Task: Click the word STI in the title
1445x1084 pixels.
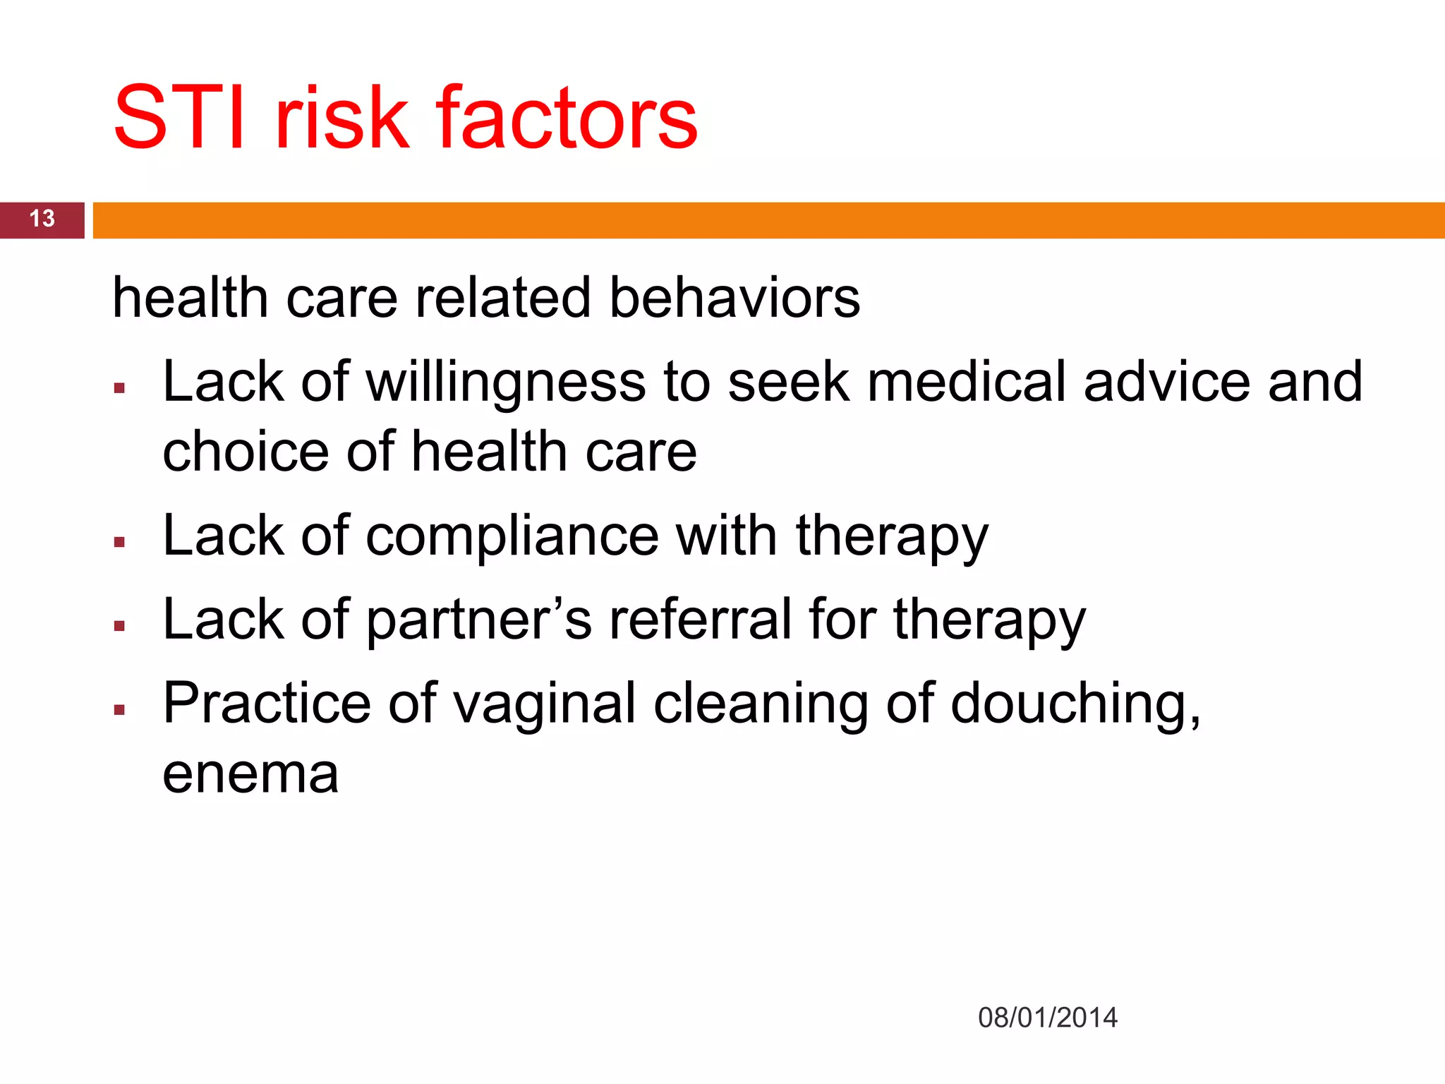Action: point(179,118)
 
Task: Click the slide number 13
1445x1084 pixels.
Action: point(42,219)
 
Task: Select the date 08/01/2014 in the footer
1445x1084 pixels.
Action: point(1047,1018)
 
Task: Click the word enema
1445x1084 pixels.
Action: point(250,774)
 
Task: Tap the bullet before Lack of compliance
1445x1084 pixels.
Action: point(119,542)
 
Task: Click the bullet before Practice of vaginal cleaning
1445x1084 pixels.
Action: point(119,710)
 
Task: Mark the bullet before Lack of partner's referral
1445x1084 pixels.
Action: point(119,626)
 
